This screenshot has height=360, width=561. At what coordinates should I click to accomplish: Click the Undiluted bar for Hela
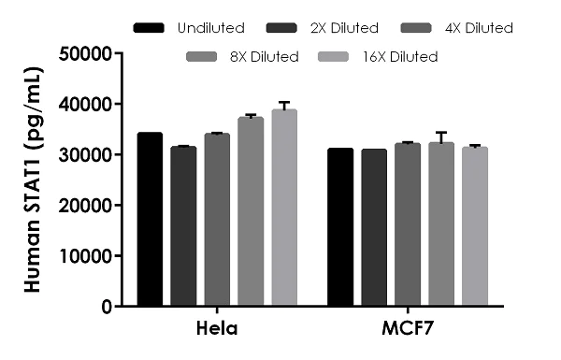point(150,220)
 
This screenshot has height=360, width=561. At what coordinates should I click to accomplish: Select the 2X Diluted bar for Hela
point(183,226)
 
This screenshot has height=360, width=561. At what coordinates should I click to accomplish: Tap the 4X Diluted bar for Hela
point(217,220)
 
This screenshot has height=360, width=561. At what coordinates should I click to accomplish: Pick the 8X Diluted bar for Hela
point(251,212)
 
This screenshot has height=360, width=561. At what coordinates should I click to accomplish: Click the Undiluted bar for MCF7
point(340,227)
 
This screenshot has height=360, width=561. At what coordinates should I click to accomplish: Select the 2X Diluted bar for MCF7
point(374,228)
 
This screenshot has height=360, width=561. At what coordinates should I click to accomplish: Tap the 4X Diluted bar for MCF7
point(408,224)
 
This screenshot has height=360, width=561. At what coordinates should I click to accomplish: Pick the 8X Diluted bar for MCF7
point(441,224)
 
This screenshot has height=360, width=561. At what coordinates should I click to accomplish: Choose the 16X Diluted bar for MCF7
point(475,226)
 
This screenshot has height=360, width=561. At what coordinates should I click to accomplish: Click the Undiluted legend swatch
point(149,28)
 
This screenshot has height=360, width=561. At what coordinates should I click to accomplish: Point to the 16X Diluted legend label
point(401,57)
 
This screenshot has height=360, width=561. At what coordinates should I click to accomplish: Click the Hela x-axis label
point(217,330)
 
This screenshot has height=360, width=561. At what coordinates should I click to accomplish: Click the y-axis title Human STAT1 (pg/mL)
point(33,180)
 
